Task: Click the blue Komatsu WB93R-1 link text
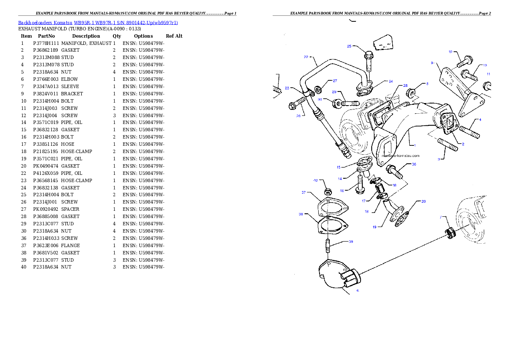pos(98,23)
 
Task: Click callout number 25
pos(349,46)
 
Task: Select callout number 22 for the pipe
pos(306,57)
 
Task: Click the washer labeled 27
pos(318,90)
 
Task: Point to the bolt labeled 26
pos(297,103)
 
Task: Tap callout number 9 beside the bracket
pos(432,63)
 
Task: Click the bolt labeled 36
pos(395,172)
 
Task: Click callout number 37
pos(303,193)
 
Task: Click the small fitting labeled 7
pos(450,234)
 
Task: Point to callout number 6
pos(358,291)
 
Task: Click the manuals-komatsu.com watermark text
pos(400,156)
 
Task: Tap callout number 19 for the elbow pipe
pos(374,227)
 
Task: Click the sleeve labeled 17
pos(379,189)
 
